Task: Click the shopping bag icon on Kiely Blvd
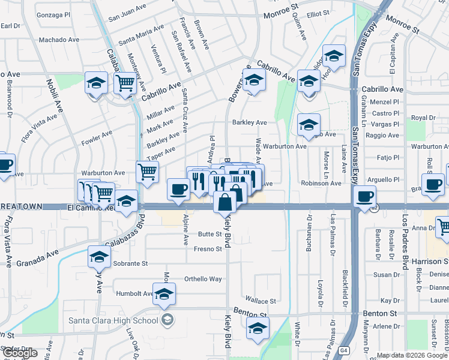click(x=224, y=202)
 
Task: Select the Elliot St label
click(x=318, y=13)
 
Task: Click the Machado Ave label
click(x=59, y=40)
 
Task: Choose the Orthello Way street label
click(x=203, y=279)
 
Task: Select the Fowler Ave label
click(x=96, y=138)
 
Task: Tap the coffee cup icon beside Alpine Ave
click(x=178, y=189)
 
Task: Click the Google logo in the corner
click(x=20, y=353)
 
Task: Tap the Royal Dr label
click(x=423, y=118)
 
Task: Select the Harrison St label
click(x=430, y=262)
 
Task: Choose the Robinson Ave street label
click(x=322, y=184)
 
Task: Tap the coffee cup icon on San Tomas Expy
click(x=364, y=196)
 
